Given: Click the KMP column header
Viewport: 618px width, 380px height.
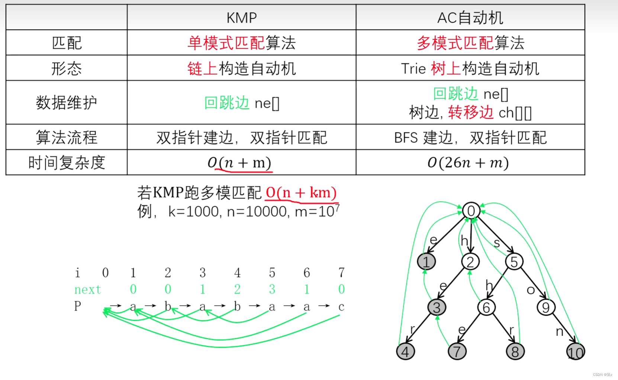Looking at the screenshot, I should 241,18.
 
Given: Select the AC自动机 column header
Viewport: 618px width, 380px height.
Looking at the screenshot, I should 470,18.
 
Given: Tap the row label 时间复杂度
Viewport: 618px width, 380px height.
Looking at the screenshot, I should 67,163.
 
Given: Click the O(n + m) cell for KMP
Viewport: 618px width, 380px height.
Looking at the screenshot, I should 239,162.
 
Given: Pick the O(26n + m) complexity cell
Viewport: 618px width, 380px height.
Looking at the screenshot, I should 468,162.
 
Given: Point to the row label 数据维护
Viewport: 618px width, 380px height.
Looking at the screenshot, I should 67,103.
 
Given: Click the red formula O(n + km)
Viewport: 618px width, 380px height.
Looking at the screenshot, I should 301,193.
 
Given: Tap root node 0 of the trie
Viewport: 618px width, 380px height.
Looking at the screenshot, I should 471,211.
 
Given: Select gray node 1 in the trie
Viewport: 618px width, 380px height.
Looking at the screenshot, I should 426,261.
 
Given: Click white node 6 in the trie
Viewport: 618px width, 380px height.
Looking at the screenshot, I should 486,307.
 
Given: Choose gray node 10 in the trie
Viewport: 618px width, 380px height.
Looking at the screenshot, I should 575,352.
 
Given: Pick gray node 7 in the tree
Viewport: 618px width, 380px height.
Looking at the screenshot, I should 457,351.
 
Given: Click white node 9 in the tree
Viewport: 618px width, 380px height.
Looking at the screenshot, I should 546,307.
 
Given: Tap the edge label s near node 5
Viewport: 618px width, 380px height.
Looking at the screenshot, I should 497,243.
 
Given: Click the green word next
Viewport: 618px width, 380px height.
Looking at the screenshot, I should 88,289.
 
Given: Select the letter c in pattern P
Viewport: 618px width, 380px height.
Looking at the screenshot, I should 341,307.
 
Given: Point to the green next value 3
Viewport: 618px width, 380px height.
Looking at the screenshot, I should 272,289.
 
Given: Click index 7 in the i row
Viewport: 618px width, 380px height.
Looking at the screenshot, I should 341,273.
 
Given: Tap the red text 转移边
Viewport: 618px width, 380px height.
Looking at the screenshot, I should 470,112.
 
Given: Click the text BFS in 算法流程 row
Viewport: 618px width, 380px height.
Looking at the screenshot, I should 406,138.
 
